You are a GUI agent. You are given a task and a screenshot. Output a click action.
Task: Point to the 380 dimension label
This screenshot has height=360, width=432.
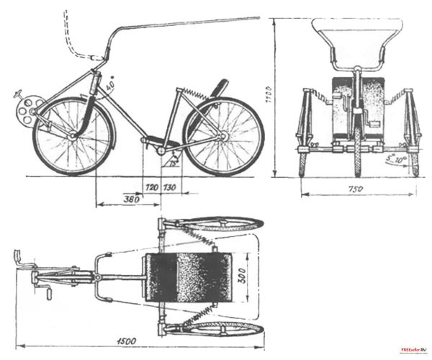131,199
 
